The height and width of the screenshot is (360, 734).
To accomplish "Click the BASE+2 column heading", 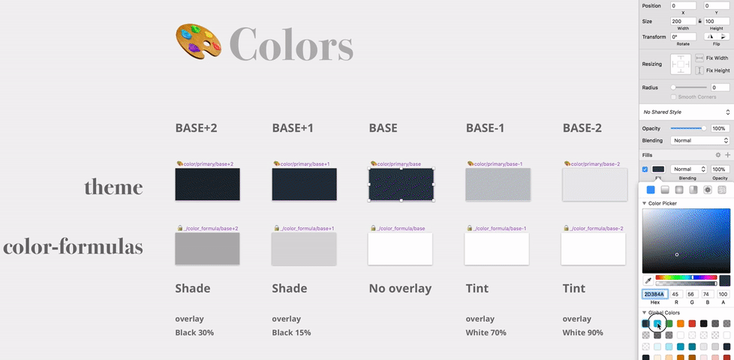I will pos(196,128).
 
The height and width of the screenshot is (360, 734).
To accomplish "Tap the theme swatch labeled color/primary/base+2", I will pos(207,184).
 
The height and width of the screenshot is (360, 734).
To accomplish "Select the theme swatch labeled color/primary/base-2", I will pos(594,184).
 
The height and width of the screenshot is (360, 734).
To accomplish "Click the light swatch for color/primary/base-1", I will pos(498,184).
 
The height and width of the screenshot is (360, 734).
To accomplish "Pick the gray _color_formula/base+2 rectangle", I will pos(207,248).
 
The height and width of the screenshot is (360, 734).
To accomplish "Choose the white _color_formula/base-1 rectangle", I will pos(498,248).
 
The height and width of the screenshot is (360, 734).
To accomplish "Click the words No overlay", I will pos(400,289).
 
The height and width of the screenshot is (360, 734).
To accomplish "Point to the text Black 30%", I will pos(194,332).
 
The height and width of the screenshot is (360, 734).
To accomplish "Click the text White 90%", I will pos(583,332).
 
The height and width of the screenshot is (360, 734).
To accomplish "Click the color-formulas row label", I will pos(73,247).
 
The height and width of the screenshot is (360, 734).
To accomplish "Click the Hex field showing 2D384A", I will pos(653,295).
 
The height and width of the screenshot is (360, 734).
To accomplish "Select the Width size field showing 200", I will pos(682,22).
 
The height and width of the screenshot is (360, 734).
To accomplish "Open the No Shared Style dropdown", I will pos(686,112).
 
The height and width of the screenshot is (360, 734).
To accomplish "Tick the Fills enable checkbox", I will pos(645,169).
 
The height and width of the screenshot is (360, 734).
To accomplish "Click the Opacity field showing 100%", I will pos(720,128).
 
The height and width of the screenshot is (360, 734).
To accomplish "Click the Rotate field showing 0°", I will pos(682,36).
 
